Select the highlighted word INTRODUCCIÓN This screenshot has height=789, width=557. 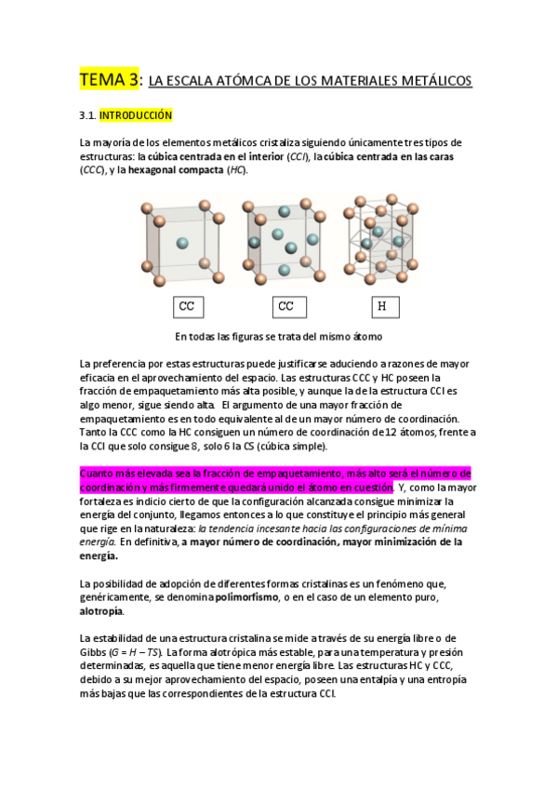(136, 115)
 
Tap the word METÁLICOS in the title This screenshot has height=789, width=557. (429, 82)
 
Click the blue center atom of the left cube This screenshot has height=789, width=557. (181, 243)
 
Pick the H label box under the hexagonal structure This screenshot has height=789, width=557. (381, 306)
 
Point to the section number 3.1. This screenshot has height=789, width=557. (88, 115)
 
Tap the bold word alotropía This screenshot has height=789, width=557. (101, 611)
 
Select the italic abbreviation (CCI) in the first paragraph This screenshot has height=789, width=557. (298, 156)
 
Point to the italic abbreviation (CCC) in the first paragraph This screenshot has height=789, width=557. (93, 170)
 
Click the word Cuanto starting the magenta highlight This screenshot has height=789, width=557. (99, 474)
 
